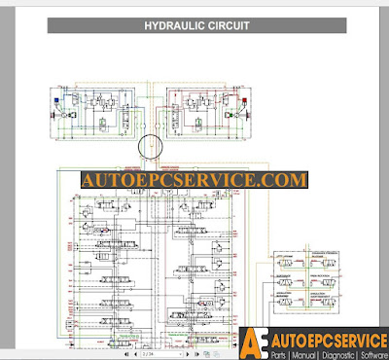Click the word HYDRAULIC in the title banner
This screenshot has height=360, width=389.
pos(173,25)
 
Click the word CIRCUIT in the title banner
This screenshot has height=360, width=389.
pos(227,25)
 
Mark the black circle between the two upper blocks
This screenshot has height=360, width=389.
pos(153,148)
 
